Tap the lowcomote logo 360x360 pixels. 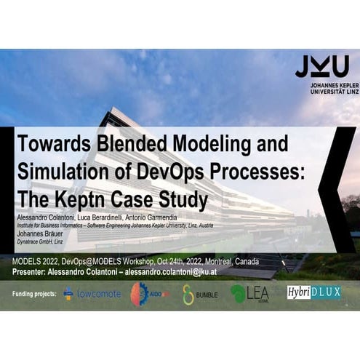click(92, 294)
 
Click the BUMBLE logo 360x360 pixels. click(199, 294)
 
